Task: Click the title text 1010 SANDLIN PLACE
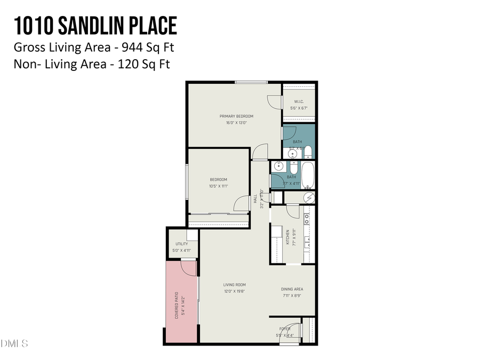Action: coord(95,26)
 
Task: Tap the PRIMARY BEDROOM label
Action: coord(236,116)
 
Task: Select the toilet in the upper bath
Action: coord(308,154)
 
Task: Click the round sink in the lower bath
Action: coord(278,166)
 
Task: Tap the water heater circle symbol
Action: coord(308,197)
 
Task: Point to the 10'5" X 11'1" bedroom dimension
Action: coord(218,186)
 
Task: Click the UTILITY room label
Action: coord(181,244)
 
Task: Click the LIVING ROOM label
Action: coord(234,285)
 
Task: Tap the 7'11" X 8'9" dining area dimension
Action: coord(292,295)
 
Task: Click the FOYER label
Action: coord(284,329)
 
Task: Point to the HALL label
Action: coord(256,198)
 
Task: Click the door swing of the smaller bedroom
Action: coord(241,203)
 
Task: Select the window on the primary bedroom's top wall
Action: coord(251,82)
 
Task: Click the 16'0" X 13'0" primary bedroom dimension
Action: coord(236,123)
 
